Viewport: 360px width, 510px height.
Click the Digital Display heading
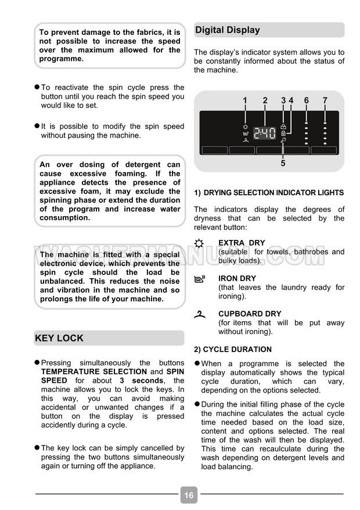tap(228, 30)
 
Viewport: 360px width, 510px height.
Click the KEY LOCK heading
tap(59, 338)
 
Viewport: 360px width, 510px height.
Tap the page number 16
tap(189, 495)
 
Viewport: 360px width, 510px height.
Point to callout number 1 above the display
tap(245, 100)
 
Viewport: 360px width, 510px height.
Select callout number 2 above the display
tap(265, 100)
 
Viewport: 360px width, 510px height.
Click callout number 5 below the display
tap(283, 164)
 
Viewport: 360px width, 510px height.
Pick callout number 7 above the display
tap(325, 100)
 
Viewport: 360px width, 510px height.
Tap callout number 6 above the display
tap(306, 100)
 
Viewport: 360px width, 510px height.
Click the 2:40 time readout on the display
tap(265, 133)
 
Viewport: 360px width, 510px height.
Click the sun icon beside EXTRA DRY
tap(200, 243)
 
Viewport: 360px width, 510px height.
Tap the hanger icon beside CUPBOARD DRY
tap(200, 314)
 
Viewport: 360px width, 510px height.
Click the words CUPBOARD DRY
tap(250, 314)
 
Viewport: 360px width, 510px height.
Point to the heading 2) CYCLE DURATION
tap(233, 350)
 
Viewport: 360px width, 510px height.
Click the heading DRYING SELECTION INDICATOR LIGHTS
tap(273, 193)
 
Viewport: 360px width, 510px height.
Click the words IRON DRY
tap(237, 278)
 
